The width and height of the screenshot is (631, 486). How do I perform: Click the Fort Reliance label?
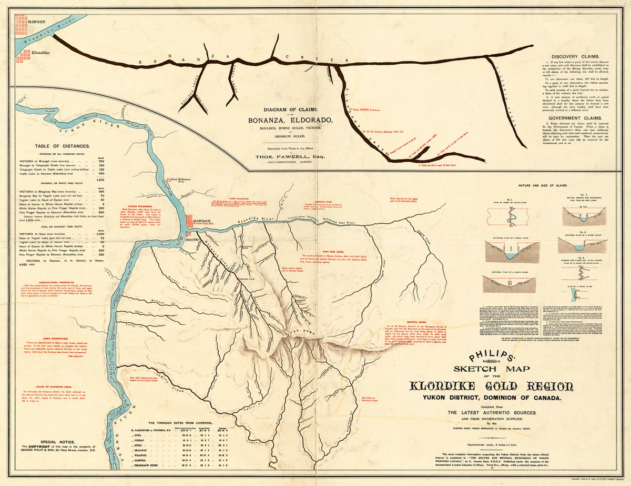coord(180,180)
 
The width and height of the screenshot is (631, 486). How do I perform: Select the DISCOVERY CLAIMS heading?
coord(576,56)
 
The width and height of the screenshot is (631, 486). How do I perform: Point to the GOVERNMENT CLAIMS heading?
coord(576,118)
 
